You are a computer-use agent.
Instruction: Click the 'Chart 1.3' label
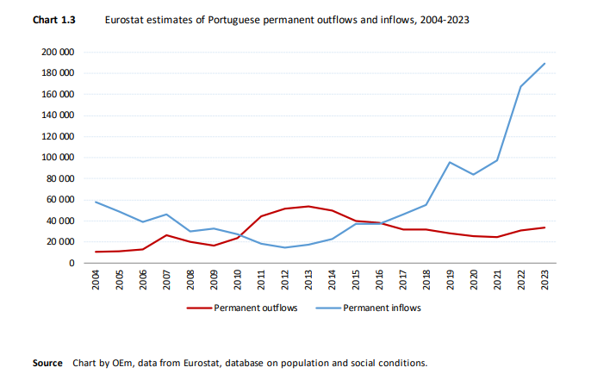pos(53,18)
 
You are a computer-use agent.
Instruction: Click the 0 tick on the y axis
pos(71,263)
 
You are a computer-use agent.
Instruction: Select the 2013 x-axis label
pos(308,282)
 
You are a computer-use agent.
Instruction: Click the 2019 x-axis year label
pos(450,282)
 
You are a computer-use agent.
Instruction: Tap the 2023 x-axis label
pos(544,282)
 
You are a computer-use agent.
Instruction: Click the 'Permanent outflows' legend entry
pos(256,308)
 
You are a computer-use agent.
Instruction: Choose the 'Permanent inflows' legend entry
pos(383,308)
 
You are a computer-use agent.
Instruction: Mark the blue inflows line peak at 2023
pos(544,64)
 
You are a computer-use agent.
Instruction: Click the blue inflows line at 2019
pos(450,162)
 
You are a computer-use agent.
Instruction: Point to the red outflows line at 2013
pos(308,206)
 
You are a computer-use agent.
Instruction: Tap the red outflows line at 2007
pos(166,235)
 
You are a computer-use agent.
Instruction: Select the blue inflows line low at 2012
pos(284,247)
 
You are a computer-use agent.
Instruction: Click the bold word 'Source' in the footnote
pos(47,363)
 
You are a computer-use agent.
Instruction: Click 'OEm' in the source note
pos(126,363)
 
